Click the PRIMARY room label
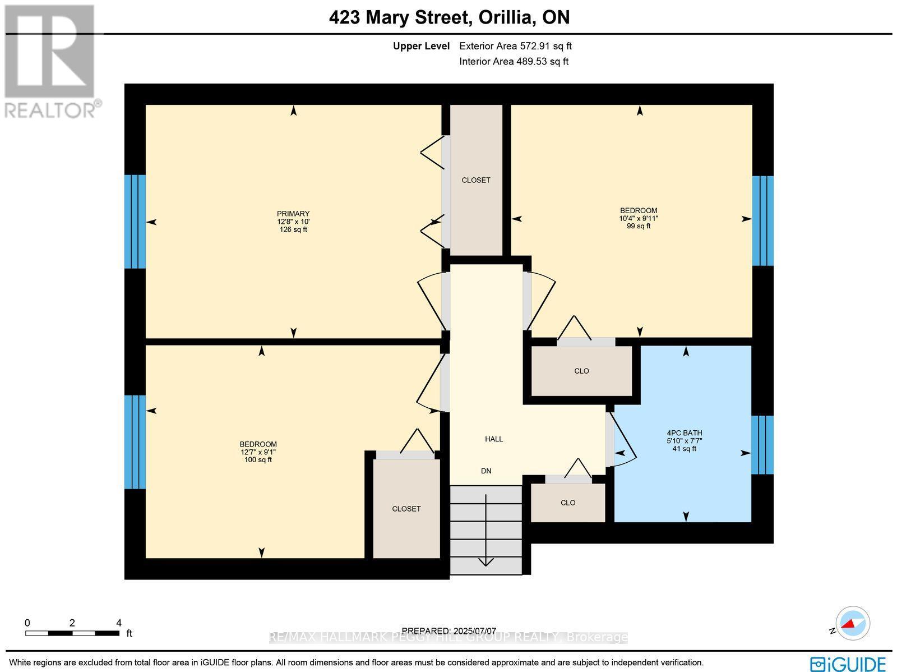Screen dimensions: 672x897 pyautogui.click(x=293, y=214)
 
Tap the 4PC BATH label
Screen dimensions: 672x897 pyautogui.click(x=684, y=433)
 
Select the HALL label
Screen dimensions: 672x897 pyautogui.click(x=493, y=439)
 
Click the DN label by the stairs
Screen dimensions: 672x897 pyautogui.click(x=486, y=471)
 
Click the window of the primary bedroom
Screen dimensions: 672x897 pyautogui.click(x=135, y=222)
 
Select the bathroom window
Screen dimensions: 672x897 pyautogui.click(x=762, y=445)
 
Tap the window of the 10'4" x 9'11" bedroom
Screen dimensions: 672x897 pyautogui.click(x=762, y=220)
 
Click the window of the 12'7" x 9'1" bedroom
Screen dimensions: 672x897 pyautogui.click(x=135, y=442)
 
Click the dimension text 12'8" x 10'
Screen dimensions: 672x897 pyautogui.click(x=293, y=222)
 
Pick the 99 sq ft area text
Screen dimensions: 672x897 pyautogui.click(x=639, y=226)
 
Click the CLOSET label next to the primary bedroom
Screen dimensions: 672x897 pyautogui.click(x=476, y=180)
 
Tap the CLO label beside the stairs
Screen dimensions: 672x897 pyautogui.click(x=568, y=503)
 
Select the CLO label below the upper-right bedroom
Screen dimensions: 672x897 pyautogui.click(x=581, y=371)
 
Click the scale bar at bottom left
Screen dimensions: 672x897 pyautogui.click(x=72, y=633)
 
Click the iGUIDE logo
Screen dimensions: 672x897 pyautogui.click(x=847, y=664)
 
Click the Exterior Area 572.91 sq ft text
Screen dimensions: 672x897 pyautogui.click(x=515, y=47)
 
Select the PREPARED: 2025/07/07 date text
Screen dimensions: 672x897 pyautogui.click(x=449, y=630)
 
